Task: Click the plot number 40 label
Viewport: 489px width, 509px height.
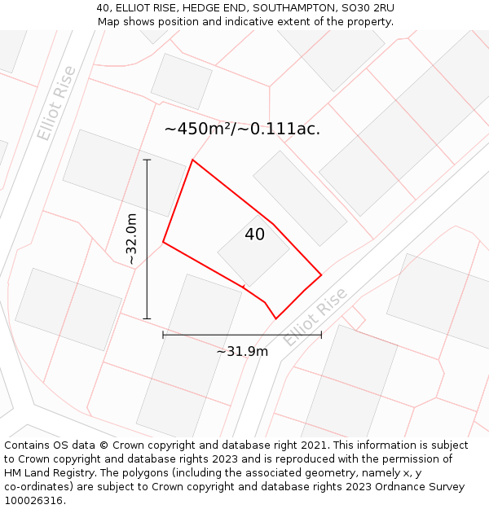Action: pyautogui.click(x=254, y=235)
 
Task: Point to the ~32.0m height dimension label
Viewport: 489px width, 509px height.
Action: pyautogui.click(x=131, y=239)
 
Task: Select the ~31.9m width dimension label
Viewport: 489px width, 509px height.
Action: pyautogui.click(x=242, y=351)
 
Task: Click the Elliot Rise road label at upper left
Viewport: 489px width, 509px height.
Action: pyautogui.click(x=56, y=103)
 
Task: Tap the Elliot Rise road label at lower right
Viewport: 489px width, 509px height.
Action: pyautogui.click(x=315, y=317)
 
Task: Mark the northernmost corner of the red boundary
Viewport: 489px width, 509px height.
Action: pyautogui.click(x=192, y=160)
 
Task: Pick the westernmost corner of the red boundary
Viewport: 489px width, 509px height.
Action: pyautogui.click(x=163, y=242)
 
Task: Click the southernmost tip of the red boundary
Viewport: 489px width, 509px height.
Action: pyautogui.click(x=276, y=318)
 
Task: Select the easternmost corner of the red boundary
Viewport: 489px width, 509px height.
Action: pyautogui.click(x=321, y=274)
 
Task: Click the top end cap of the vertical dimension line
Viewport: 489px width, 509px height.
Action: pyautogui.click(x=148, y=160)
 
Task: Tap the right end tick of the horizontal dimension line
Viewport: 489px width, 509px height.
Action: pyautogui.click(x=321, y=334)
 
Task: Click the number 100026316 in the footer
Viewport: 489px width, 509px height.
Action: pyautogui.click(x=33, y=500)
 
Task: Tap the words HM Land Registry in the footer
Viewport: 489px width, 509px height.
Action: pyautogui.click(x=42, y=472)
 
